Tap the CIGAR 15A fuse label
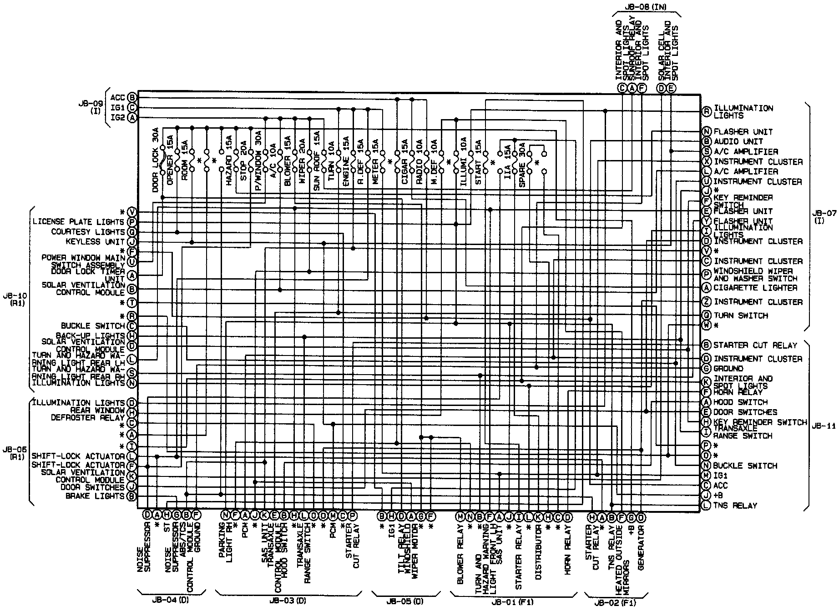pos(404,161)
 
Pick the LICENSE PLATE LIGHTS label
pos(78,222)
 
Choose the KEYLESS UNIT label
pos(95,242)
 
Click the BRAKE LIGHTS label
pos(95,496)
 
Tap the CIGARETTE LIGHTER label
pos(755,288)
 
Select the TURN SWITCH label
pos(741,316)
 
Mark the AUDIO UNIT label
pos(738,141)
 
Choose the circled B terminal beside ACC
pos(132,97)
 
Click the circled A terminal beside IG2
pos(132,118)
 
